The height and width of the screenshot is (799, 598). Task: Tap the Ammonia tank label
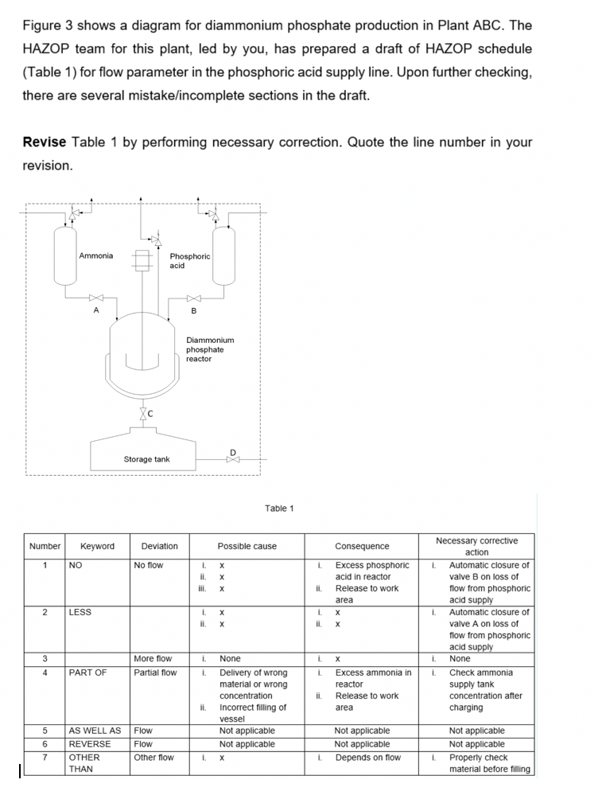(95, 255)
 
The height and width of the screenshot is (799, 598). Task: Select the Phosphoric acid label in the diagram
(190, 260)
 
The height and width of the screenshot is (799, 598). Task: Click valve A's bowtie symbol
(96, 298)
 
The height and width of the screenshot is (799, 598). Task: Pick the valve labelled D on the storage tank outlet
(232, 459)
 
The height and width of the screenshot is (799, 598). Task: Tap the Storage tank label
(146, 459)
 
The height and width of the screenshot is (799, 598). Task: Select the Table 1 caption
(279, 508)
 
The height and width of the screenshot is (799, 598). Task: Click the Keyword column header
(97, 546)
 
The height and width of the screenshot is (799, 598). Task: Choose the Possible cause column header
(247, 546)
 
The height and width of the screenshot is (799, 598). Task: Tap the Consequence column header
(362, 546)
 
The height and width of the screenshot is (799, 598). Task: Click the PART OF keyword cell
(87, 672)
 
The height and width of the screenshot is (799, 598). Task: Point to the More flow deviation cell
(153, 659)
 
